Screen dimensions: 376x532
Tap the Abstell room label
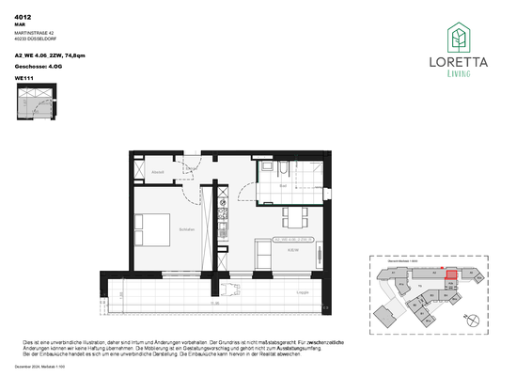click(159, 172)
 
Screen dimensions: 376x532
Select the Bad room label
click(284, 187)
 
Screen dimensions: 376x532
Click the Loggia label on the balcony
click(302, 293)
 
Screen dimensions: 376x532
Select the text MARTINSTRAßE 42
click(35, 34)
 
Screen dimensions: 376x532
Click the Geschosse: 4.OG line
click(39, 67)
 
